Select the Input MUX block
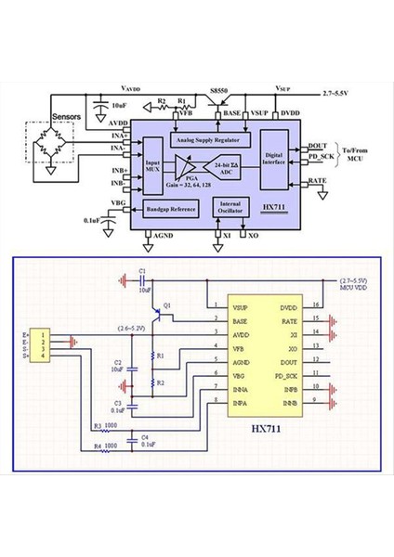tap(152, 166)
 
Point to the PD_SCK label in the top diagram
tap(319, 158)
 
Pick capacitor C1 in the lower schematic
tap(142, 276)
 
